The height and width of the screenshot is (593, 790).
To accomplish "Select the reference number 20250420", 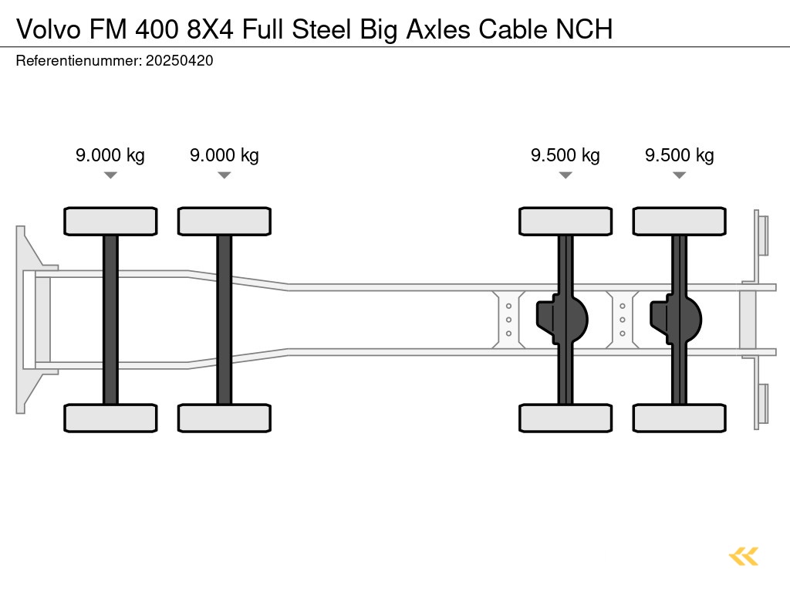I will pyautogui.click(x=179, y=61).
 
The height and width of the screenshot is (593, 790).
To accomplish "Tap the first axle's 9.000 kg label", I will pyautogui.click(x=110, y=155).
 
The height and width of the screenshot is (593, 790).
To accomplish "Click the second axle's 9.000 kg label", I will pyautogui.click(x=224, y=155).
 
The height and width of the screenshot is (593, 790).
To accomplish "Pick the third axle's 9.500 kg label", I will pyautogui.click(x=565, y=155).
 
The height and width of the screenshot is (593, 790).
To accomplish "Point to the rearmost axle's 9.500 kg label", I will pyautogui.click(x=679, y=155).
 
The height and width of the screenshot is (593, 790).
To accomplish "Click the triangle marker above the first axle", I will pyautogui.click(x=110, y=175).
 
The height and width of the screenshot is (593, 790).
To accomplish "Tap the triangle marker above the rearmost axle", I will pyautogui.click(x=679, y=175).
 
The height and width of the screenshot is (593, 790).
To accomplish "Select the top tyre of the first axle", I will pyautogui.click(x=110, y=221).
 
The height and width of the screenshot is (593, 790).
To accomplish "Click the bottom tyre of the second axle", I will pyautogui.click(x=224, y=418).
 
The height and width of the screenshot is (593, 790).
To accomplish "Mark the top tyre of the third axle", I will pyautogui.click(x=565, y=221).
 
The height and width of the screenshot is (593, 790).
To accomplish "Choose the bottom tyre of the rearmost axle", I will pyautogui.click(x=679, y=418).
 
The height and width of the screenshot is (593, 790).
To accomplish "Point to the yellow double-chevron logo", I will pyautogui.click(x=744, y=556).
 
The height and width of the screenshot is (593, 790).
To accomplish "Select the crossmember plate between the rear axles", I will pyautogui.click(x=622, y=318).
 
